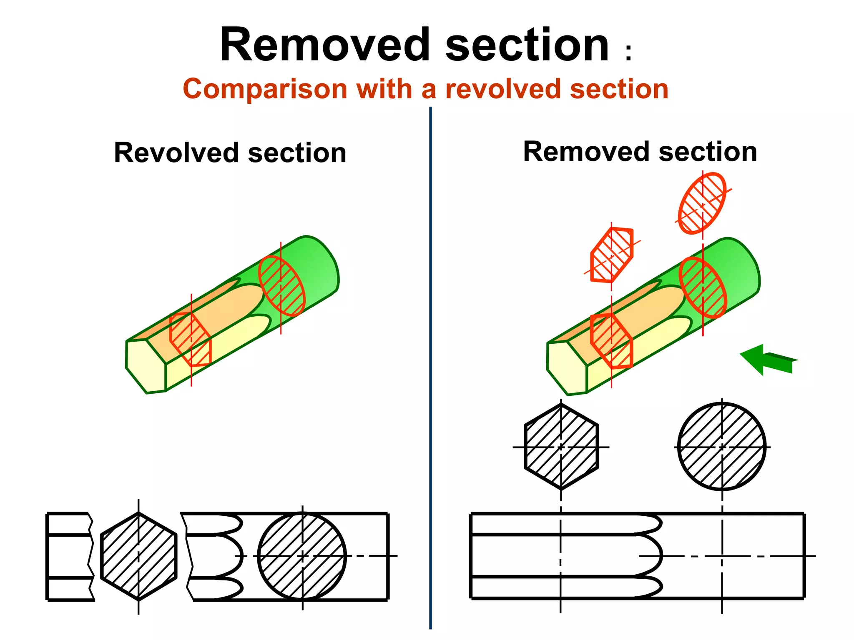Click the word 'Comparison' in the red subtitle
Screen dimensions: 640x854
click(265, 89)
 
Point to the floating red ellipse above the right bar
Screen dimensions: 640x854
click(702, 203)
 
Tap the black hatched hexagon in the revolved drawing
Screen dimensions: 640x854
click(138, 556)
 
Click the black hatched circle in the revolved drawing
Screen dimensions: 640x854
click(302, 556)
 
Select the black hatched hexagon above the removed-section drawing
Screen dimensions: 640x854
click(561, 447)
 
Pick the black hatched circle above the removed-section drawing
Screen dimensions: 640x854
click(722, 447)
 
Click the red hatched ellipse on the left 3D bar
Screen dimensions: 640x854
click(282, 286)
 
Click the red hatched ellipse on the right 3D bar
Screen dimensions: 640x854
click(703, 287)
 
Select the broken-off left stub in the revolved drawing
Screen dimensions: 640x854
click(69, 556)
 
